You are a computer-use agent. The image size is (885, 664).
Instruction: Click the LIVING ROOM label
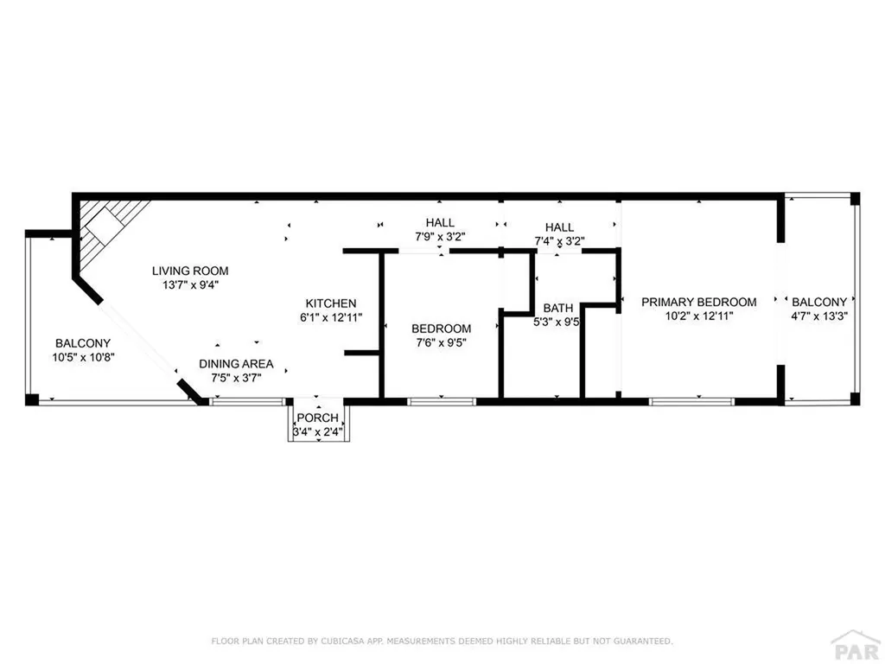190,271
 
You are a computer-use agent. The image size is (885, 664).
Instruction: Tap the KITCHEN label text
331,303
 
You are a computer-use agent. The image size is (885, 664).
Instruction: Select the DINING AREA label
236,364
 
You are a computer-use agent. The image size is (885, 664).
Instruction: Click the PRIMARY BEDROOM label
698,302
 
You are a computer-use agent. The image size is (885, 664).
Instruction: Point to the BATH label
558,309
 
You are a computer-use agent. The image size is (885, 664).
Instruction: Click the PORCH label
318,418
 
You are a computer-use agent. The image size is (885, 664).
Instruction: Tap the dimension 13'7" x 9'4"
190,285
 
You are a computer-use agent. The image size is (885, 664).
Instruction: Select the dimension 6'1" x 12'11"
331,317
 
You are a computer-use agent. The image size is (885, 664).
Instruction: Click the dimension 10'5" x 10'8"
83,357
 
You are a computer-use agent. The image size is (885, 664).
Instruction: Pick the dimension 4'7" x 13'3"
819,316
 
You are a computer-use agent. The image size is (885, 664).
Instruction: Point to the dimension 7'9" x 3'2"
440,237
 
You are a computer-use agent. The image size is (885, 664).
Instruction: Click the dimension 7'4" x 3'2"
559,241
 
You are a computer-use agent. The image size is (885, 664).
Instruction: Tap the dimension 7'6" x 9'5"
442,342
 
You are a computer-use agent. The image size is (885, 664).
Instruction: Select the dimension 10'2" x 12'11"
698,316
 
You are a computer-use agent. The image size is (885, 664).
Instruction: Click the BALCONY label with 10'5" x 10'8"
83,343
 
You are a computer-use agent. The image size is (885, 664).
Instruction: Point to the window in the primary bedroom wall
691,402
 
